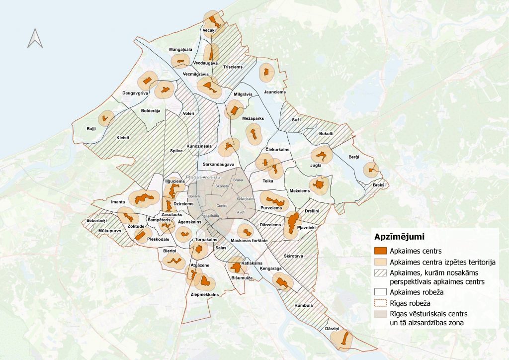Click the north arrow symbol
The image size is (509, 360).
[35, 38]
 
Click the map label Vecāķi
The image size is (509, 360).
[209, 31]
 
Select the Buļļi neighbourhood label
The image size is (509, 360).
[91, 128]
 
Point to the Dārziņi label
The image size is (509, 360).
[332, 329]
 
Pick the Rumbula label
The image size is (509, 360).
[303, 305]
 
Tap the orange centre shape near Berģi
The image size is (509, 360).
[371, 170]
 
